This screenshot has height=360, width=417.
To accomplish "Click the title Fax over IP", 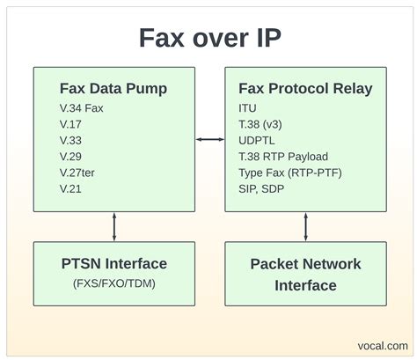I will [x=208, y=38].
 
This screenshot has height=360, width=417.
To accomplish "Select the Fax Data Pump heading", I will [x=113, y=88].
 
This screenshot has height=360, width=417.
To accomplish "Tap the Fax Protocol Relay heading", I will [x=304, y=88].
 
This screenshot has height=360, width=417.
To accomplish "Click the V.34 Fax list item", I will [x=84, y=108].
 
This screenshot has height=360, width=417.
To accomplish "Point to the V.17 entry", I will [x=72, y=124].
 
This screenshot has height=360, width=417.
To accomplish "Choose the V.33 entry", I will [x=72, y=139].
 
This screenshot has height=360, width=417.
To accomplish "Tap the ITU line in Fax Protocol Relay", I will [x=247, y=108].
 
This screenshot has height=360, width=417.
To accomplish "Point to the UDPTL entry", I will [x=258, y=139].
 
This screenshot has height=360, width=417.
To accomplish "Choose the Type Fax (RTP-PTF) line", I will [x=290, y=171].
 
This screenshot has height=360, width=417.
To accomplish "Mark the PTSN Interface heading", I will [x=113, y=263].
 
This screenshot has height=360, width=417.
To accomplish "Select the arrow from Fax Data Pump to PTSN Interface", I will [x=113, y=226].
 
